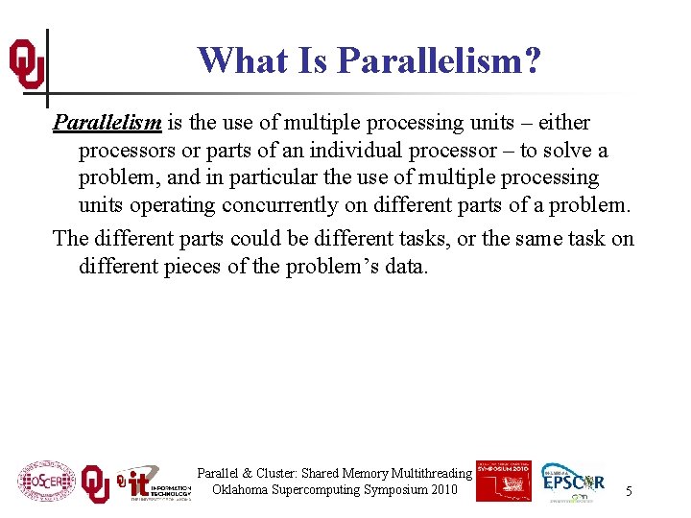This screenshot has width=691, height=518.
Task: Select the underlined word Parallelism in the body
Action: pos(107,123)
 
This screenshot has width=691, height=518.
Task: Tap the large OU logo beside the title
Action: pos(26,65)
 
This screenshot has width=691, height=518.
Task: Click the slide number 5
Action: pos(629,491)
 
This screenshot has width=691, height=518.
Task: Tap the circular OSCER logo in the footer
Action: pos(45,481)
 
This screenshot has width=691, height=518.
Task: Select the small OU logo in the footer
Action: pos(95,483)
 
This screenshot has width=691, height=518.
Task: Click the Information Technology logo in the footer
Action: pos(154,483)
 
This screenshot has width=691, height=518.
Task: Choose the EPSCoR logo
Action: pos(574,482)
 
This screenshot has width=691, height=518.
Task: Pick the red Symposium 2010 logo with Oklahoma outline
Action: pos(503,480)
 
